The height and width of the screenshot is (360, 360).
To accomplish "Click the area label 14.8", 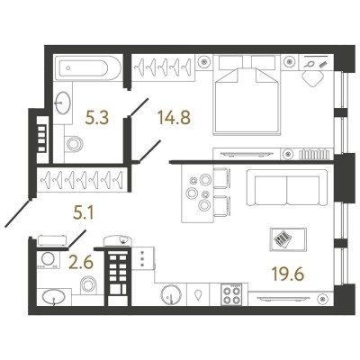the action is (x=174, y=117).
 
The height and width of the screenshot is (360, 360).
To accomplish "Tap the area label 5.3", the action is (x=96, y=117).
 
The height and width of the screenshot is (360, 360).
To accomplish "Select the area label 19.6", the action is (x=288, y=274).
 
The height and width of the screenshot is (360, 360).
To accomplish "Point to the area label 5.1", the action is (x=84, y=213).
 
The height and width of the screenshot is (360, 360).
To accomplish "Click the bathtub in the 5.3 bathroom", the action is (x=88, y=67).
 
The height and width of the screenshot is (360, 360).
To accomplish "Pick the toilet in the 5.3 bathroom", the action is (x=74, y=144).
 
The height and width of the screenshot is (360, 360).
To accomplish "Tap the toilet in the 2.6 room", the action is (x=89, y=284).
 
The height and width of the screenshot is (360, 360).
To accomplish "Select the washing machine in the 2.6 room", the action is (x=47, y=260).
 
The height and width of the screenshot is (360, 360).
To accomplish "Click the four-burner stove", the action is (x=231, y=294).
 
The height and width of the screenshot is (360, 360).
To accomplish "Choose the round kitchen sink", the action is (x=171, y=295).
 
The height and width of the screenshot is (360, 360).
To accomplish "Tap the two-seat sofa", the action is (x=287, y=187).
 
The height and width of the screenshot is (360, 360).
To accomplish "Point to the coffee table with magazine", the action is (x=288, y=239).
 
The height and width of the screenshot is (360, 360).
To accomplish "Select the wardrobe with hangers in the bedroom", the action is (x=163, y=67).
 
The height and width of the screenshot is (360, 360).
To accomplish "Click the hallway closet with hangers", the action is (x=82, y=179).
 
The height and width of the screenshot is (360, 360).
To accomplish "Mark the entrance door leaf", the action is (x=17, y=212).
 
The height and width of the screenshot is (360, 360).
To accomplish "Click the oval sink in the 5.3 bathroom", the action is (x=63, y=103).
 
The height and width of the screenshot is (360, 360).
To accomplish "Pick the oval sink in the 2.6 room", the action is (x=54, y=297).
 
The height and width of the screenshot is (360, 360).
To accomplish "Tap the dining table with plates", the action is (x=197, y=193).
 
